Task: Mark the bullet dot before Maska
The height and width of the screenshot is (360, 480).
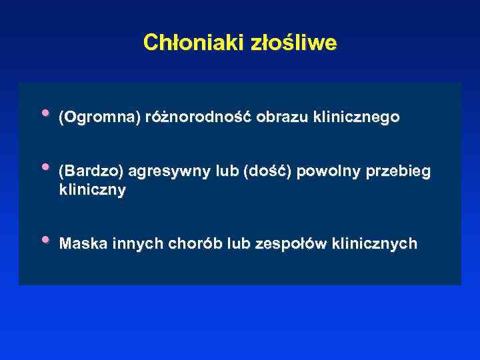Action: point(45,239)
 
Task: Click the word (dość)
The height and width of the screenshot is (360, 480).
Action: point(268,172)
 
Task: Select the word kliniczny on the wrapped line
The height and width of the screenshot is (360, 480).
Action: point(92,190)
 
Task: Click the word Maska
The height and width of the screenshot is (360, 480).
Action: point(79,244)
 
